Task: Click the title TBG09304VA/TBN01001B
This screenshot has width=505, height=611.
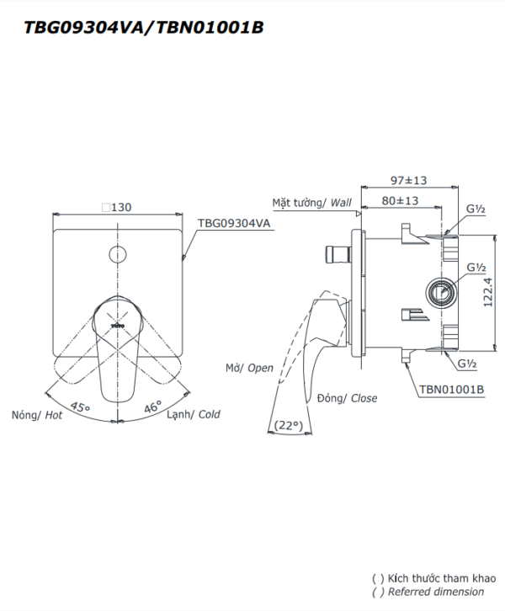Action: coord(144,27)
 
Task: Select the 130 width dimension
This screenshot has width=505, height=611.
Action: coord(117,207)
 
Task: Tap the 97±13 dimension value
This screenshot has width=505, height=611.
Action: coord(409,180)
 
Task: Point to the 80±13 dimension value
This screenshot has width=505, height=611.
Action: coord(400,200)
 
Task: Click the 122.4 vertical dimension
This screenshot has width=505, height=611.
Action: coord(488,292)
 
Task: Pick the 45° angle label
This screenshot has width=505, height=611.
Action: coord(80,406)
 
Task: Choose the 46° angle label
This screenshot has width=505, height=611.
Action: coord(152,406)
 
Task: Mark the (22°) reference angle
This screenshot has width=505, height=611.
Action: coord(289,425)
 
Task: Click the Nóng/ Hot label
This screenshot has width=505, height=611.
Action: coord(37,416)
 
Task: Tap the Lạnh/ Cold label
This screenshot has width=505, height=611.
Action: coord(194,415)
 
